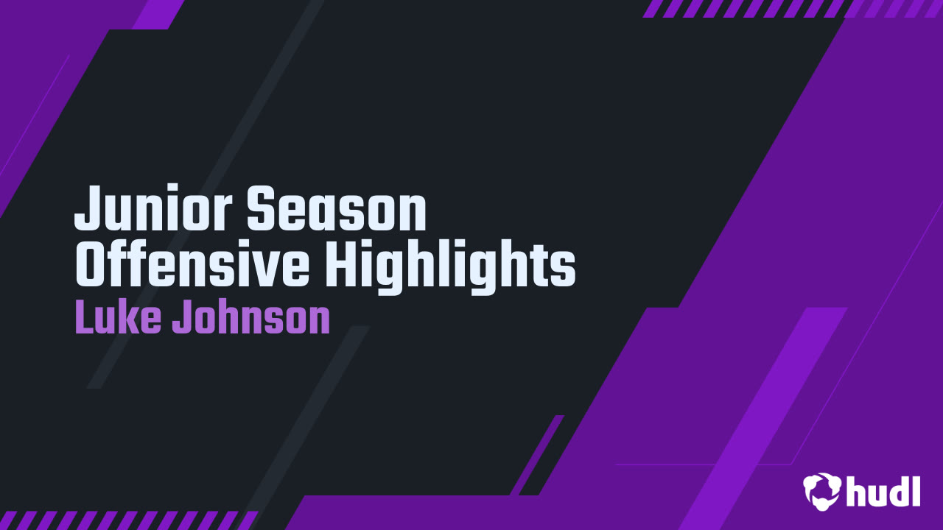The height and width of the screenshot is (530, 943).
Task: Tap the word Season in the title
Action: point(337,208)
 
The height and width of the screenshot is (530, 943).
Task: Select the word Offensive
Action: point(192,263)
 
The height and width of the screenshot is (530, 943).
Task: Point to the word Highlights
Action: point(450,267)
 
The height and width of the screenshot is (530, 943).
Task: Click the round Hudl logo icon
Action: point(821,491)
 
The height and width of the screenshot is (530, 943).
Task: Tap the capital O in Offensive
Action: point(90,263)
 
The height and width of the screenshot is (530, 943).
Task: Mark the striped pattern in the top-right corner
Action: point(792,8)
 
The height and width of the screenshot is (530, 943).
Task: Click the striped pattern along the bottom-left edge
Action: point(128,520)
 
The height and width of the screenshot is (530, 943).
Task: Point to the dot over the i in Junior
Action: point(175,190)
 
